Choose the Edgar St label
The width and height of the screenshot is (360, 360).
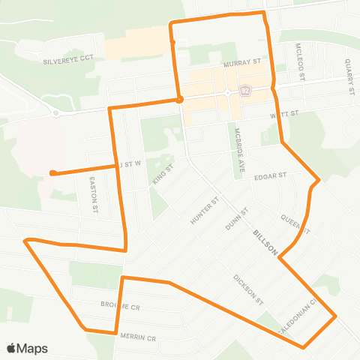(x=271, y=176)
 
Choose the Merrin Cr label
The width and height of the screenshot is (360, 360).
(x=138, y=337)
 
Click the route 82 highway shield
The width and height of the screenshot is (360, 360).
(x=244, y=91)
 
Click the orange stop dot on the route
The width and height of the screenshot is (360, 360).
(x=179, y=98)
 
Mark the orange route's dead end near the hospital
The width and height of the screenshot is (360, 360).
(x=52, y=173)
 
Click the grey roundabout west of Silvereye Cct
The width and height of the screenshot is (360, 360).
(x=55, y=112)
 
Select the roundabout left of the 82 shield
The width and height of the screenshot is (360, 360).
(x=226, y=93)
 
